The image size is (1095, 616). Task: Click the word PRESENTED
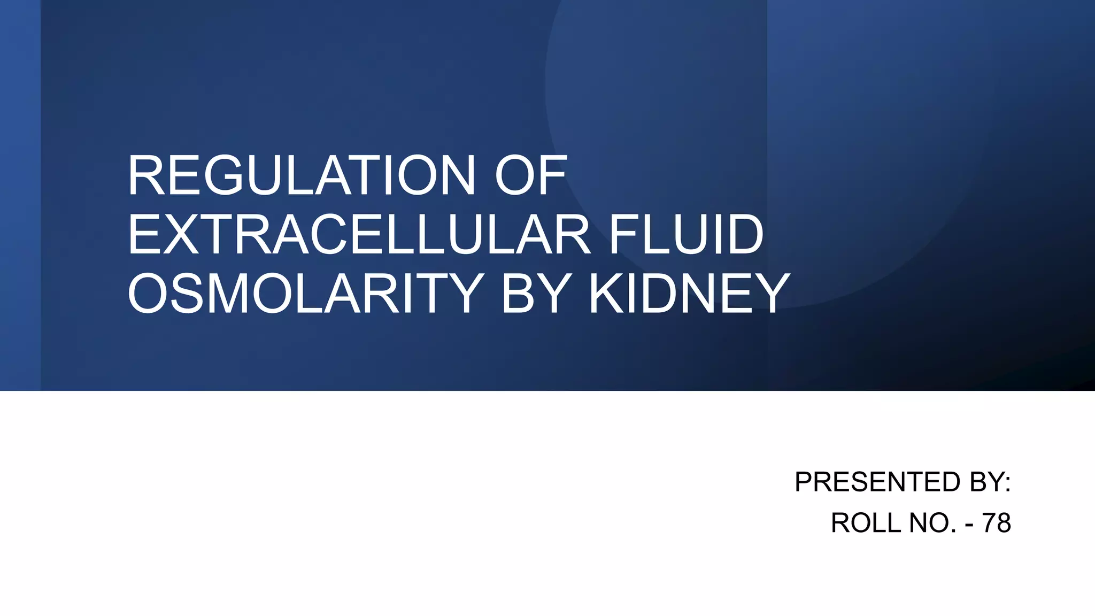[877, 482]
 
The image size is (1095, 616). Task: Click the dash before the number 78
[969, 524]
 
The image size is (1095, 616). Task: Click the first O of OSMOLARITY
[149, 294]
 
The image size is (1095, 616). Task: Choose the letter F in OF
[553, 176]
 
